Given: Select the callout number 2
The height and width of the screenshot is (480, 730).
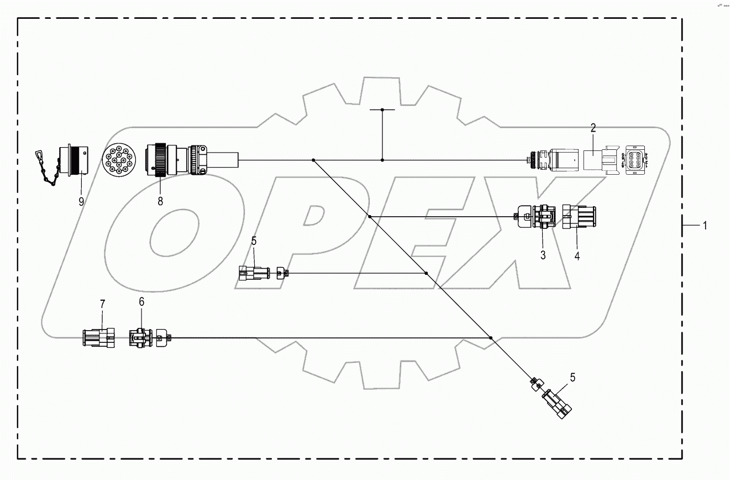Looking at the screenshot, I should coord(593,128).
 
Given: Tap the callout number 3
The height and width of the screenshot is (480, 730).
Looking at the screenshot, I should coord(543,255).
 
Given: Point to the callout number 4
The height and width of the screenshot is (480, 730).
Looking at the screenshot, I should coord(577,256).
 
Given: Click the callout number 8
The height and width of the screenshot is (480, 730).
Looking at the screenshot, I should coord(160,201).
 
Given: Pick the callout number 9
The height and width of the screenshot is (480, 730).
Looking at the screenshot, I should coord(81,201).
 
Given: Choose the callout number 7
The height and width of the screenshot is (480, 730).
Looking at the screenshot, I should coord(102,304).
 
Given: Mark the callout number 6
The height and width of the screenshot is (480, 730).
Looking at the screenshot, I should coord(141,301).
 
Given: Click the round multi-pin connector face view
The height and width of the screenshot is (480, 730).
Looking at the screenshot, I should coord(118,161).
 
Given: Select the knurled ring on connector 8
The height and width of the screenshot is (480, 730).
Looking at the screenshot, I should coord(160,160).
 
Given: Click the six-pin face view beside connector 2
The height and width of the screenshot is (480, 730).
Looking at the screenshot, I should coord(634,161).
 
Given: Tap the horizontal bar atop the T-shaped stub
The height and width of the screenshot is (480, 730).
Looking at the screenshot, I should coord(382,110).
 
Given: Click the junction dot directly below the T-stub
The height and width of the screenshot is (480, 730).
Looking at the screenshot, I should coord(382,160).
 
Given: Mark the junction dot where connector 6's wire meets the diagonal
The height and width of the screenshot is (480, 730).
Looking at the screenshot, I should coord(490,337).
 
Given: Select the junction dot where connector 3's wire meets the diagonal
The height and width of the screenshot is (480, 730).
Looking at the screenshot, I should coord(369,216).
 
